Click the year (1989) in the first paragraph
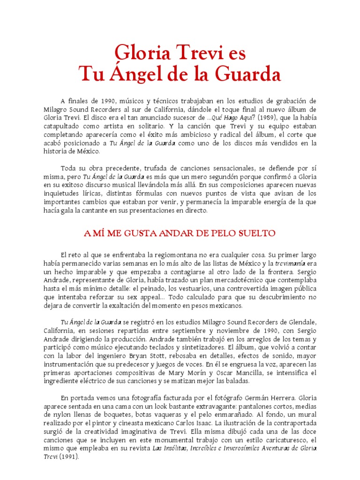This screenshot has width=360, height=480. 267,118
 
